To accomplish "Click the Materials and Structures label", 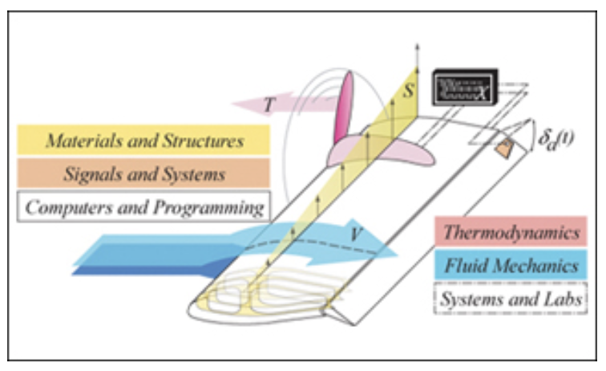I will (x=144, y=141).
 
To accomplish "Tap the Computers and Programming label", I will (x=144, y=206).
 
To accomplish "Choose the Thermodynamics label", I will (x=512, y=233).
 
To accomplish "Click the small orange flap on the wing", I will (x=503, y=149).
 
